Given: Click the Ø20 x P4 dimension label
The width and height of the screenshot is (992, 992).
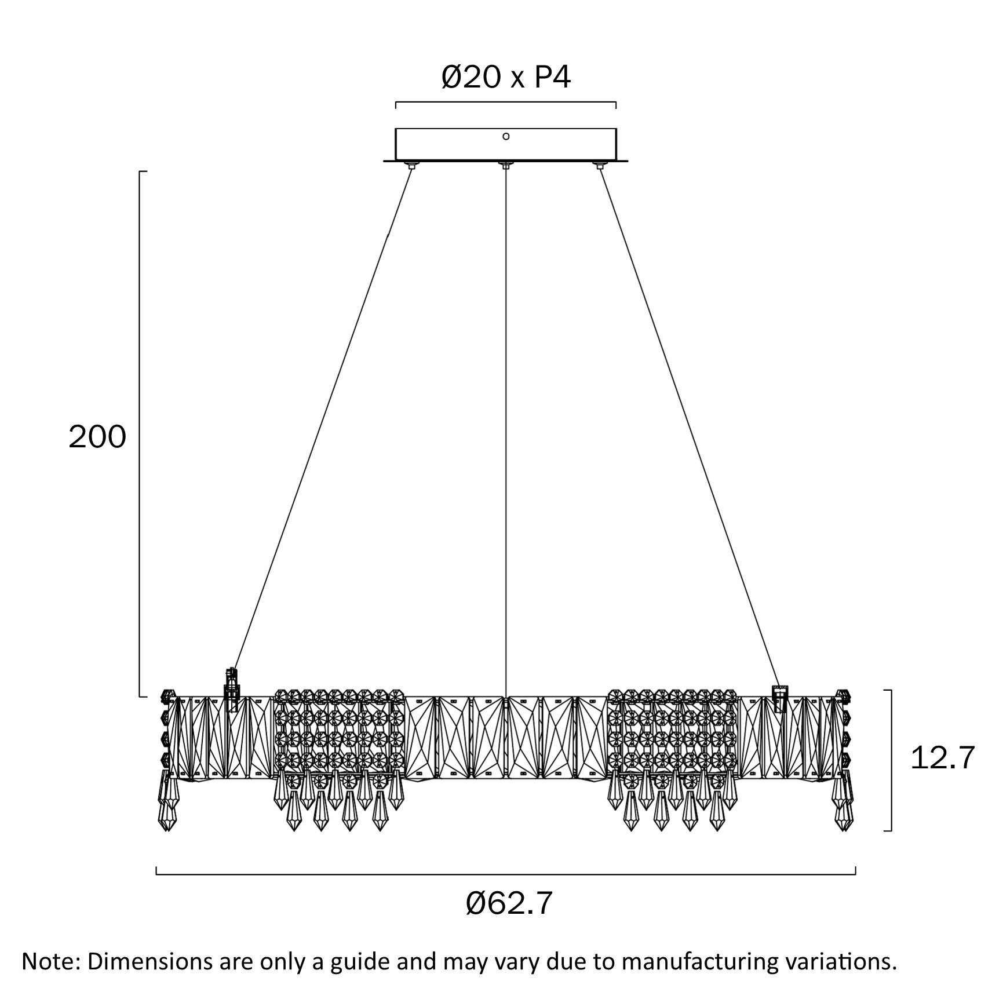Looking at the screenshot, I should click(506, 77).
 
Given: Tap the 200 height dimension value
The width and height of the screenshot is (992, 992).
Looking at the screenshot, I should click(97, 437).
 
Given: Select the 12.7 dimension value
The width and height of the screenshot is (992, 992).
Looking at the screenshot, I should click(943, 757).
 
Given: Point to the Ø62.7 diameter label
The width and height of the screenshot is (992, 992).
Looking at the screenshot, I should click(509, 903).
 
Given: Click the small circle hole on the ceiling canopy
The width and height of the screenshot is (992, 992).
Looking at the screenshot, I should click(506, 136).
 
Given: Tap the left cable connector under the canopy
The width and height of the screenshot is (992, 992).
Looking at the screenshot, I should click(411, 166).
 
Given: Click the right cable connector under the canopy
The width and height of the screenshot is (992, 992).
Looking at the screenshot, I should click(599, 166).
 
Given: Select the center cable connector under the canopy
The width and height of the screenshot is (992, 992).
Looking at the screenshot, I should click(505, 166).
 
